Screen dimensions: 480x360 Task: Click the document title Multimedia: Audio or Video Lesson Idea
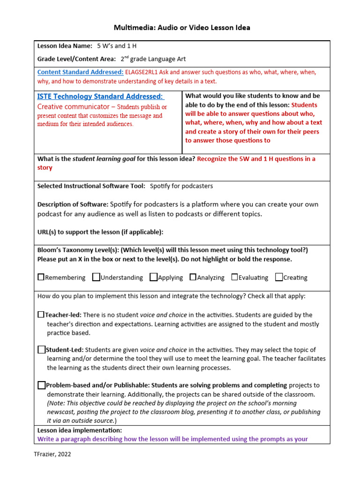[x=182, y=28]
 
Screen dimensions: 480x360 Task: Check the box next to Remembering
[x=41, y=277]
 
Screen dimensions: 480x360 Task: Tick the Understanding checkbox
[x=96, y=277]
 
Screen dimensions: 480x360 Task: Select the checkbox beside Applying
[x=153, y=277]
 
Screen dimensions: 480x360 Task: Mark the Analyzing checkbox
[x=193, y=277]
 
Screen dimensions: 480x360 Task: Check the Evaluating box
[x=234, y=277]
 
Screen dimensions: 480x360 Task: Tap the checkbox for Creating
[x=279, y=277]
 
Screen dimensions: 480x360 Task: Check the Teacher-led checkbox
[x=41, y=315]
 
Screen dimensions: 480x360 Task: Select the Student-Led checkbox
[x=42, y=349]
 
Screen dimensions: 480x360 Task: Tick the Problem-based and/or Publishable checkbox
[x=42, y=385]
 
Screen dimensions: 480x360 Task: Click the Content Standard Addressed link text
[x=80, y=72]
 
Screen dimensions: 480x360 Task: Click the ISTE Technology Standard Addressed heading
[x=100, y=97]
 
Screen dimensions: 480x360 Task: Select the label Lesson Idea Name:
[x=65, y=46]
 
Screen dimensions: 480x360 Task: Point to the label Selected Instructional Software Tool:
[x=91, y=186]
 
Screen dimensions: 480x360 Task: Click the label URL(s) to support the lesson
[x=100, y=232]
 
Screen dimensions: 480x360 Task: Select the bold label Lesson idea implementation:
[x=80, y=430]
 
